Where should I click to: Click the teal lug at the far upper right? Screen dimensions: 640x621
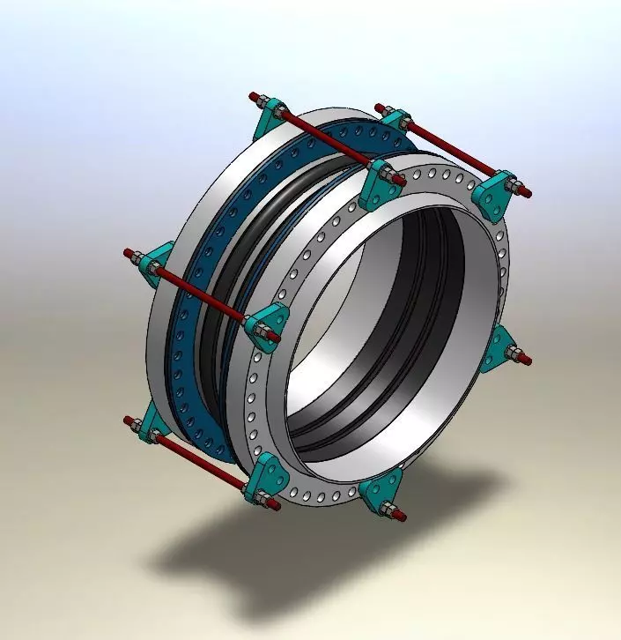click(x=495, y=193)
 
